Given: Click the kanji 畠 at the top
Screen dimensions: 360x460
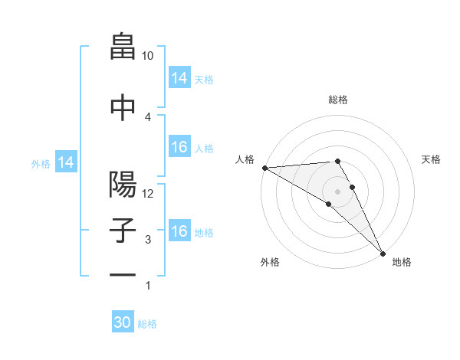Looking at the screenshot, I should [x=123, y=47].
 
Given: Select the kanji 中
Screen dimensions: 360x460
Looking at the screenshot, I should [x=123, y=107].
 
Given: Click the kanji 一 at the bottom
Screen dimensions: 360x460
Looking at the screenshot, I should [x=123, y=273].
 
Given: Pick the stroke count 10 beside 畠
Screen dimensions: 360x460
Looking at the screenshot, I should [x=148, y=56].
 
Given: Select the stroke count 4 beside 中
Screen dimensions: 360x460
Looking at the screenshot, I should [x=148, y=116].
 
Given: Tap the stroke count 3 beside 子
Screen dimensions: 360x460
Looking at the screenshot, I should [x=148, y=240].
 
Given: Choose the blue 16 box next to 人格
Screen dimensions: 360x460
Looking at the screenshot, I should [x=179, y=148].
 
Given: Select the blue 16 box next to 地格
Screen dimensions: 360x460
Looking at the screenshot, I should [x=179, y=232].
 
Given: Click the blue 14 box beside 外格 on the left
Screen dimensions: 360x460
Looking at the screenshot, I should [x=66, y=162].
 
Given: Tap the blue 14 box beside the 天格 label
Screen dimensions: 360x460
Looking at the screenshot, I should [x=179, y=78].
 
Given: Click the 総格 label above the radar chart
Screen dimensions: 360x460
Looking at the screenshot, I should [x=338, y=100].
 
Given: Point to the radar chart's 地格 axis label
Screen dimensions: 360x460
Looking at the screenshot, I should [x=401, y=262].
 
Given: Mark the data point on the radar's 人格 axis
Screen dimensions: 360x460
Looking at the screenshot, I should [x=264, y=168].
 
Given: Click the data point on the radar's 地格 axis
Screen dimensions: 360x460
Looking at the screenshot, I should [x=382, y=253].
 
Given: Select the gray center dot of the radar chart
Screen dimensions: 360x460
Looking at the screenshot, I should [x=338, y=190].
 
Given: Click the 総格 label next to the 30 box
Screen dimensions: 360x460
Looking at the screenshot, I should [x=147, y=324].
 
